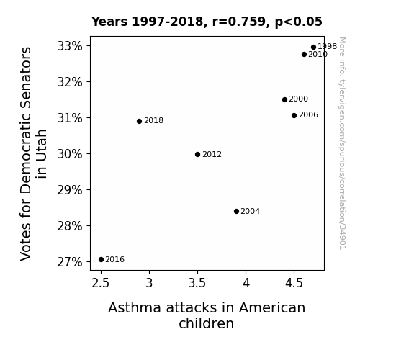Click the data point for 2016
pos(101,260)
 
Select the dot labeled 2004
pos(236,211)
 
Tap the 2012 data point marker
pos(197,155)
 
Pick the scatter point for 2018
pos(140,121)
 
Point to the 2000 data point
pos(284,99)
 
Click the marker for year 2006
pos(294,115)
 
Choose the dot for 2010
pos(304,55)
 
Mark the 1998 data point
pos(313,48)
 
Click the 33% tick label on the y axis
pos(70,46)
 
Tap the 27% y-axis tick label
pos(70,262)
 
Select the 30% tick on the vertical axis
pos(70,154)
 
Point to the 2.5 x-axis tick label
pos(101,283)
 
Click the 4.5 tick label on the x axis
pos(294,283)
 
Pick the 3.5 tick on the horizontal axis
pos(197,283)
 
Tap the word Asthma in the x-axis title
pos(135,307)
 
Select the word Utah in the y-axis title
pos(42,153)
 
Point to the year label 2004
pos(251,211)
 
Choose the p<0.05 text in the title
pos(299,22)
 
